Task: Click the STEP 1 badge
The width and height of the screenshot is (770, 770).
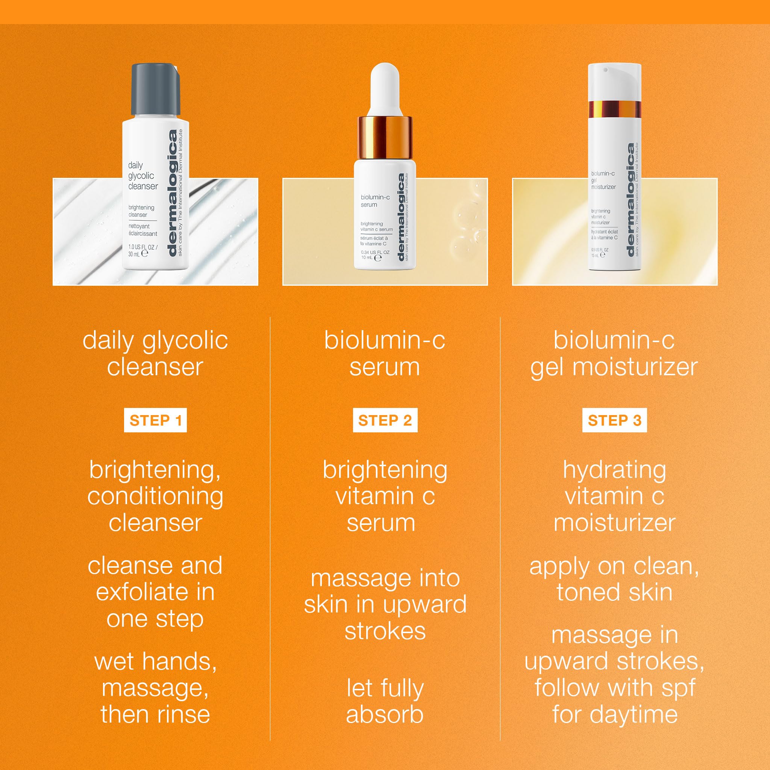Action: (x=155, y=421)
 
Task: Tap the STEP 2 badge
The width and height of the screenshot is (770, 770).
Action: (x=385, y=421)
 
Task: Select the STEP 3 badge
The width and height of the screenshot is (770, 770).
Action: (x=614, y=421)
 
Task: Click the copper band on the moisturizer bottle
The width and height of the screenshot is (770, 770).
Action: (x=614, y=108)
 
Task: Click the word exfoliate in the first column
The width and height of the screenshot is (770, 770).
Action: (x=141, y=592)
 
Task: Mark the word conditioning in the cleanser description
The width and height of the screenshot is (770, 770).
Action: (x=155, y=497)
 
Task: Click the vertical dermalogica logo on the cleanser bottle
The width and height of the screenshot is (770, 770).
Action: (x=172, y=193)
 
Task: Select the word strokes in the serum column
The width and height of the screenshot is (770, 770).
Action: (x=385, y=631)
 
